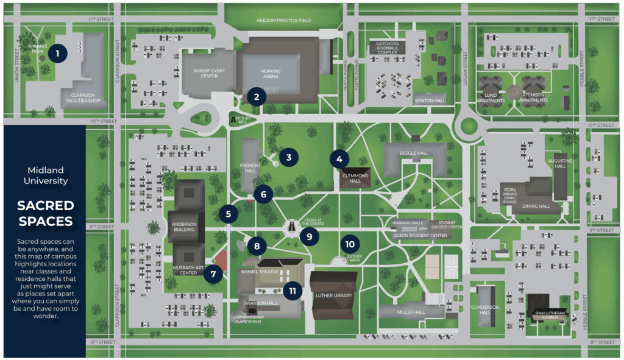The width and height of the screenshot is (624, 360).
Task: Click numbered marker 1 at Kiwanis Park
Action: click(x=57, y=54)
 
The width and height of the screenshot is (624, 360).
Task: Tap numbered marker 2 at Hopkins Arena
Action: click(x=257, y=96)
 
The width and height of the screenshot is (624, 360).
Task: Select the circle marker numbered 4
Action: click(x=339, y=158)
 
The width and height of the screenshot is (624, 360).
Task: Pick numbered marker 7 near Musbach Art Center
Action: click(x=213, y=274)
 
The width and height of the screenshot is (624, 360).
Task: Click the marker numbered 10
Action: click(x=349, y=244)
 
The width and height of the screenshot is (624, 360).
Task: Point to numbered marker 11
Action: click(x=292, y=291)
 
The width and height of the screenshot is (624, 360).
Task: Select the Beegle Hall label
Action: click(x=414, y=153)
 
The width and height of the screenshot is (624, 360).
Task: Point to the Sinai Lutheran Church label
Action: click(x=551, y=315)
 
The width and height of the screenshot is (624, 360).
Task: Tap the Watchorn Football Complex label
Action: click(x=386, y=48)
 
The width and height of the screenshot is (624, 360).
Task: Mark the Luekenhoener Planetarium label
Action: click(x=246, y=319)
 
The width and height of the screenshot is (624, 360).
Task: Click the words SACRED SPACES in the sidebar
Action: click(x=45, y=213)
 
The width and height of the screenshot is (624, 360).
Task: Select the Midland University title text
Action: click(x=45, y=175)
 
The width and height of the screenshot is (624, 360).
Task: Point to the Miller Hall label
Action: click(x=411, y=312)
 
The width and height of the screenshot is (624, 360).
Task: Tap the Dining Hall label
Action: click(x=536, y=206)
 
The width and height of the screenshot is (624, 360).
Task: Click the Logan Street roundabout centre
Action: click(x=469, y=127)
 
